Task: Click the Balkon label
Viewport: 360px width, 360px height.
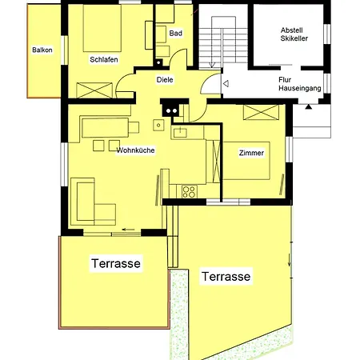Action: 42,50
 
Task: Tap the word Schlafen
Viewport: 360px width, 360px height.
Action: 104,59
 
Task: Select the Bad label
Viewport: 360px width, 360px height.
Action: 176,34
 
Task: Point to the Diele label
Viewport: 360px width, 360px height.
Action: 165,80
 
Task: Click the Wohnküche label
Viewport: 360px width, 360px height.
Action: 136,150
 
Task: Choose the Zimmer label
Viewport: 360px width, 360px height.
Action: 251,153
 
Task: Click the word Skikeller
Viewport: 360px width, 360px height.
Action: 294,38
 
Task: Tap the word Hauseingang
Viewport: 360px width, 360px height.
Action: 300,88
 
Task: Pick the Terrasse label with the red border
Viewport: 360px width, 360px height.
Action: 116,263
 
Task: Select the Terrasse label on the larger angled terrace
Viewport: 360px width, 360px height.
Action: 226,276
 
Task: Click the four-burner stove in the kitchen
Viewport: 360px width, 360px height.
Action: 190,191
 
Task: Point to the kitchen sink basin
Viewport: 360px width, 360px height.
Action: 180,133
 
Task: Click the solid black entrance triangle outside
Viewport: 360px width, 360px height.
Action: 309,107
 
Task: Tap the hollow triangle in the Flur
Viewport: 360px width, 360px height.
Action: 226,84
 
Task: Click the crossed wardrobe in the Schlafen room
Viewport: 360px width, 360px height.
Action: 94,90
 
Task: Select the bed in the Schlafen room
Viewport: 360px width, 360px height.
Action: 102,28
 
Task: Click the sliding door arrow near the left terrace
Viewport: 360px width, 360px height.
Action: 128,230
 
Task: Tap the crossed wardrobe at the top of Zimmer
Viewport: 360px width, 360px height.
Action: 261,112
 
